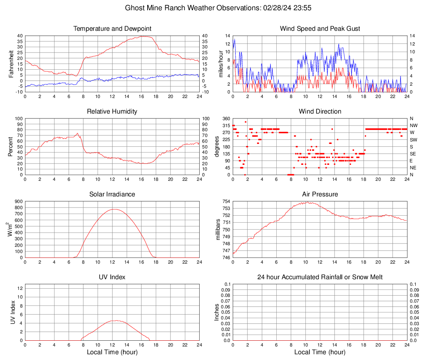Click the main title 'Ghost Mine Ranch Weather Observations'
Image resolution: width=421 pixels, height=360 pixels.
(x=210, y=8)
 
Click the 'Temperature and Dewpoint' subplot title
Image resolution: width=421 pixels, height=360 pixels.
(x=112, y=29)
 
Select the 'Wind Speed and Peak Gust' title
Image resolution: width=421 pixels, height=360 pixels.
(x=320, y=29)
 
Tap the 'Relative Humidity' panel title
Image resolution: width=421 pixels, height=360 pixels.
(x=112, y=112)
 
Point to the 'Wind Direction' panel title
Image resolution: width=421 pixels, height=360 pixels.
(x=320, y=112)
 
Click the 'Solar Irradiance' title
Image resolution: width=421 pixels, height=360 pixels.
(x=112, y=194)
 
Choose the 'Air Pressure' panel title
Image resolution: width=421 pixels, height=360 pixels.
(x=320, y=194)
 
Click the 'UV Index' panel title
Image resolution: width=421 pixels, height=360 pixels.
(x=112, y=277)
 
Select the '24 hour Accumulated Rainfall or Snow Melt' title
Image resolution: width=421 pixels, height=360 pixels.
(x=320, y=277)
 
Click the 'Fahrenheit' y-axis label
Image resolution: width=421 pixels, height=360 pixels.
(x=11, y=64)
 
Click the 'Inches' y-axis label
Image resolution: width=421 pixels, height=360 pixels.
(x=217, y=312)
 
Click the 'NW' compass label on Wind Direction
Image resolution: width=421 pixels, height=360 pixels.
(x=414, y=125)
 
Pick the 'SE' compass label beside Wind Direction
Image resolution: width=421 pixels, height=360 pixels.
(x=413, y=154)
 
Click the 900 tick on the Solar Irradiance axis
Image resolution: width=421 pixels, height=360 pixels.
(x=18, y=202)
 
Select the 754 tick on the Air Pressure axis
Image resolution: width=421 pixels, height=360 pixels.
(x=226, y=202)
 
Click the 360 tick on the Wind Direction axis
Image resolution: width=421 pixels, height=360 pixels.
(x=226, y=118)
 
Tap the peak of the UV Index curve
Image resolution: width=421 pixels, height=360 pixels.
(x=116, y=321)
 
